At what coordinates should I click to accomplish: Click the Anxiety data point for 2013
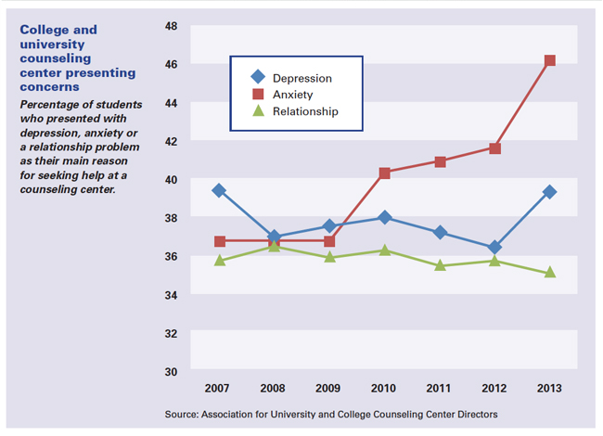pos(550,60)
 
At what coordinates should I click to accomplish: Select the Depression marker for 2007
pos(220,190)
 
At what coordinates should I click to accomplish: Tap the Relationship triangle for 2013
pos(550,272)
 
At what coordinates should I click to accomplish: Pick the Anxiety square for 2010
pos(385,173)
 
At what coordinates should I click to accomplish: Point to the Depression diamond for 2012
pos(495,248)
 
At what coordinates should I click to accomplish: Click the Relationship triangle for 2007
pos(220,261)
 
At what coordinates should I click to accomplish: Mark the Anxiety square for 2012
pos(495,148)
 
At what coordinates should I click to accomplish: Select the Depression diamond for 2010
pos(385,217)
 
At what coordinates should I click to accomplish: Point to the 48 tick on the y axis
pos(171,26)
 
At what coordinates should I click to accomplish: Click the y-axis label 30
pos(171,371)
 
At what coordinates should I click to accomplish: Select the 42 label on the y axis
pos(171,141)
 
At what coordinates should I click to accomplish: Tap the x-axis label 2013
pos(550,387)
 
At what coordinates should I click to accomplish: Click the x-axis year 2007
pos(220,387)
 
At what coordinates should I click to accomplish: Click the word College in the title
pos(45,30)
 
